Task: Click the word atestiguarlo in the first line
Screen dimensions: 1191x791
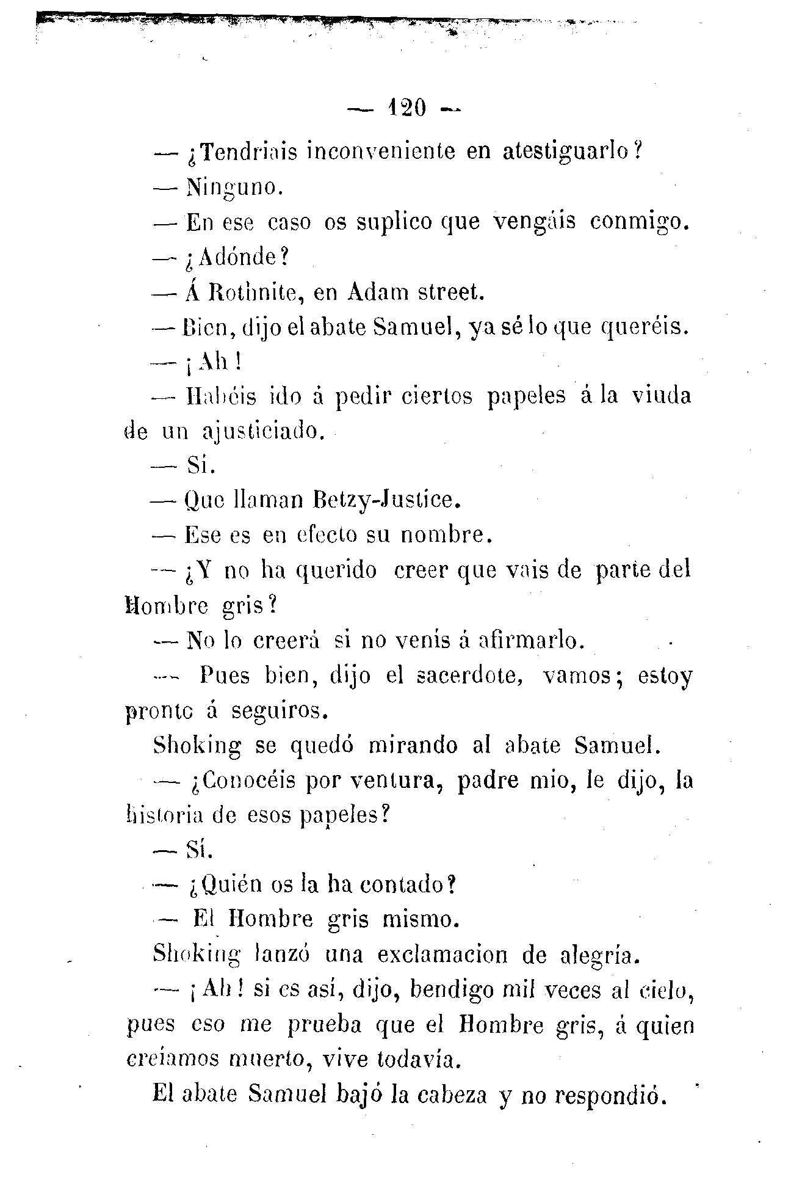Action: point(571,151)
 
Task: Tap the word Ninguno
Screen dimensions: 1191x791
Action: point(233,188)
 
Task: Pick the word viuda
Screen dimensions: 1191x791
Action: point(661,396)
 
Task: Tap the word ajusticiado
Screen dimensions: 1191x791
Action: point(261,432)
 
